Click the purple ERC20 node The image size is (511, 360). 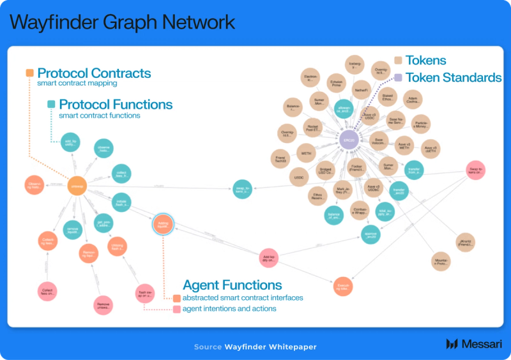coord(348,140)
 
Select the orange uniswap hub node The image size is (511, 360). coord(77,186)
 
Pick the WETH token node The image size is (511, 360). coord(307,153)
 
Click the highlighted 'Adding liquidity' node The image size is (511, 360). coord(162,224)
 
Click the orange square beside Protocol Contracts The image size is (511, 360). coord(29,73)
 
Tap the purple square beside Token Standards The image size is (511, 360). coord(397,78)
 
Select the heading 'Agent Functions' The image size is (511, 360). coord(233,285)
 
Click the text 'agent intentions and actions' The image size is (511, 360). coord(229,309)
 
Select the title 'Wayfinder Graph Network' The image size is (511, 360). coord(122,23)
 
